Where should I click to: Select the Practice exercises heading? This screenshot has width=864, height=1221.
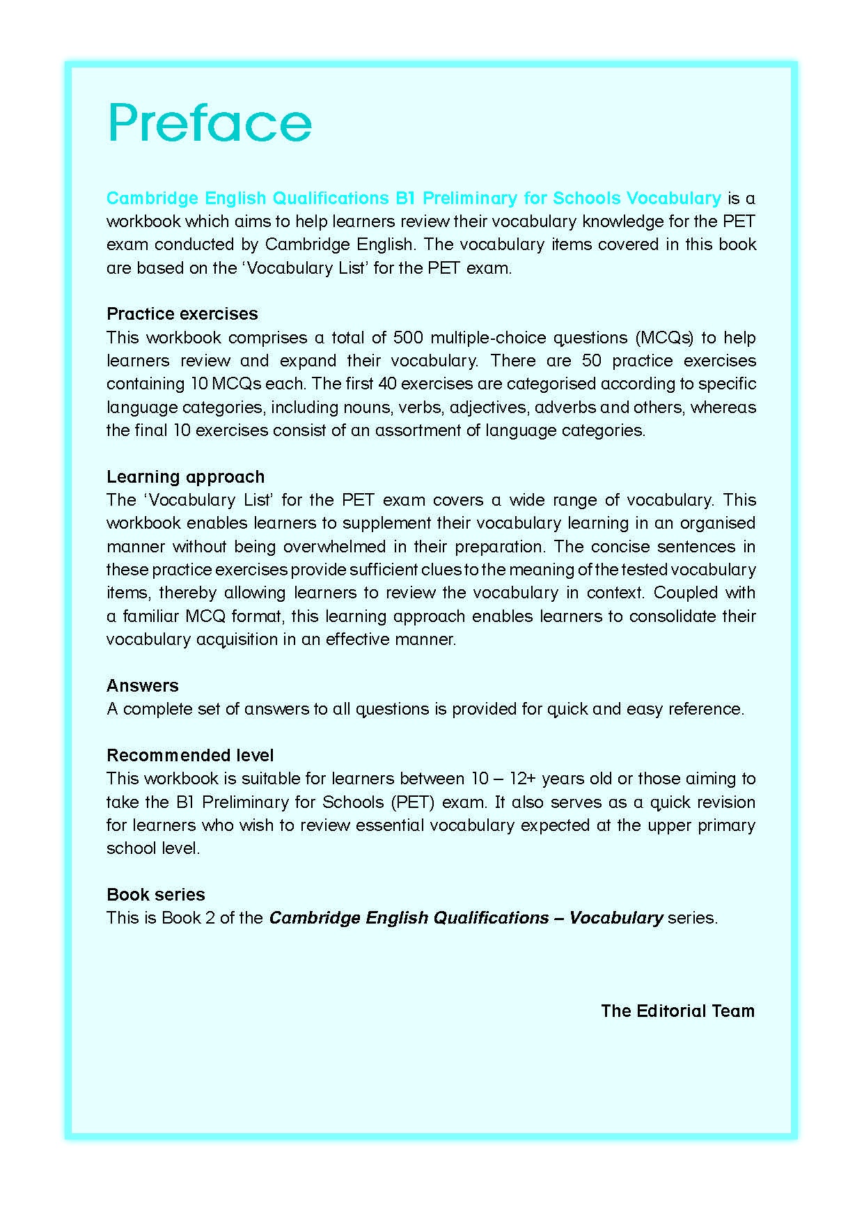point(182,314)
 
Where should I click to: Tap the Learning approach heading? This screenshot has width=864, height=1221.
point(185,477)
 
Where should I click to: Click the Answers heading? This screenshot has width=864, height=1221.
point(142,686)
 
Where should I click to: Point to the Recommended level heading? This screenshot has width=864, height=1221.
point(190,756)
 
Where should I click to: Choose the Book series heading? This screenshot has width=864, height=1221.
point(155,895)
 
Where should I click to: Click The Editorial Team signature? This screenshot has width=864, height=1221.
point(677,1011)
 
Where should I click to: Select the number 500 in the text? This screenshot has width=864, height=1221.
point(409,338)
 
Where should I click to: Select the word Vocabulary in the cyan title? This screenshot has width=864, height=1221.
point(673,199)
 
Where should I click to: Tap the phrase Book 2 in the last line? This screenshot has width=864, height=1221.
point(188,918)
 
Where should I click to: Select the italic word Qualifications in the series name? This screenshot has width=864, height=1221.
point(491,918)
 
